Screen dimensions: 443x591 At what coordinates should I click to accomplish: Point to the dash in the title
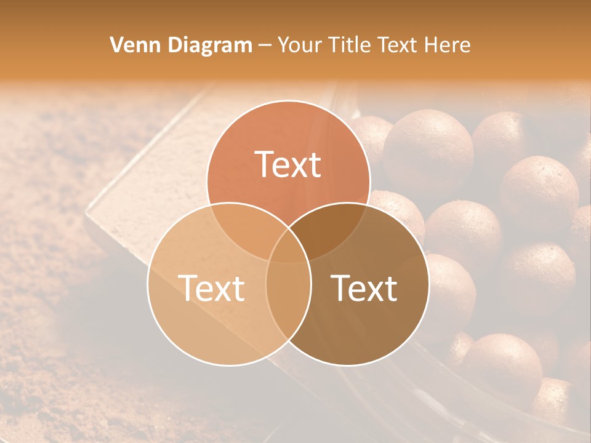(265, 46)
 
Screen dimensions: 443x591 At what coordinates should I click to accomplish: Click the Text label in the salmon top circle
(288, 164)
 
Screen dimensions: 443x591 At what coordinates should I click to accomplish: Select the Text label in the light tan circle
(211, 288)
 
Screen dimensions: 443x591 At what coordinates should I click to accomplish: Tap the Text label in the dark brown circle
(364, 288)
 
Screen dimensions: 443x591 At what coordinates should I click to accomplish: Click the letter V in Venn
(117, 45)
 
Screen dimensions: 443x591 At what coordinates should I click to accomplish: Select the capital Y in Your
(284, 45)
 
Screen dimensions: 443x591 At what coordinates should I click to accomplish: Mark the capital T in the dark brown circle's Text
(340, 288)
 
